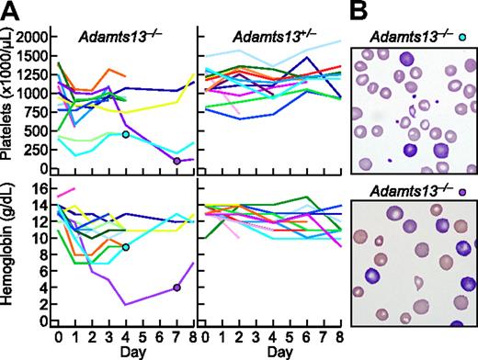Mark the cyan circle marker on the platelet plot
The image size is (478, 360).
(125, 135)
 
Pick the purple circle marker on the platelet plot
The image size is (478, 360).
(176, 162)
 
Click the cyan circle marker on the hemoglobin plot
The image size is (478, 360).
(125, 247)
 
